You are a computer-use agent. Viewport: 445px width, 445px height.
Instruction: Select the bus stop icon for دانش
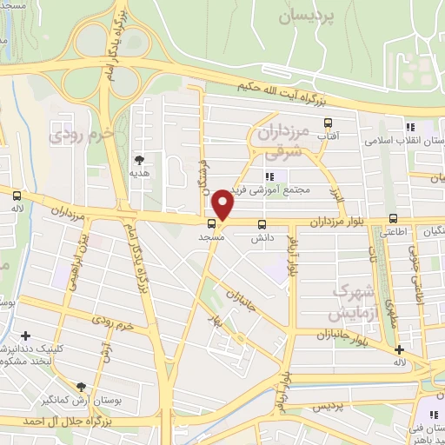262,224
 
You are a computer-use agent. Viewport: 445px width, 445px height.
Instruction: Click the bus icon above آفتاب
328,123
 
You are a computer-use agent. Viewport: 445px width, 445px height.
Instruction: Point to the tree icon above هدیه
139,159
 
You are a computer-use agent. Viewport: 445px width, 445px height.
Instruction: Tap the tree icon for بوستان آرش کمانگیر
82,387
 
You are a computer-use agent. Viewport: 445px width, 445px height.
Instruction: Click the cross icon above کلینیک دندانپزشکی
26,335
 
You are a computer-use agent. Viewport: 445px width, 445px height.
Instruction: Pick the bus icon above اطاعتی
394,218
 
